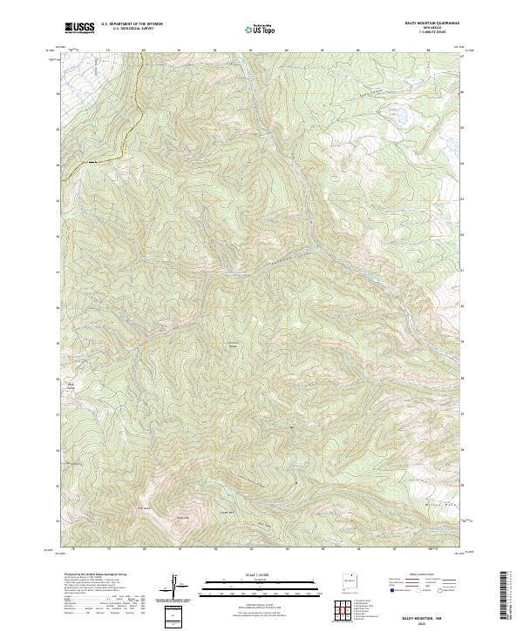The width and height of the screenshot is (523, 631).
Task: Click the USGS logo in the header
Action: coord(79,28)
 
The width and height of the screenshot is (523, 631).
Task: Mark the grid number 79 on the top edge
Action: coord(108,50)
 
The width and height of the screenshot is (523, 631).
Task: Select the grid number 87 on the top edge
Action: coord(394,50)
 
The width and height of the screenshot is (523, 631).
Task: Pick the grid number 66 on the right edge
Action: coord(462,91)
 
